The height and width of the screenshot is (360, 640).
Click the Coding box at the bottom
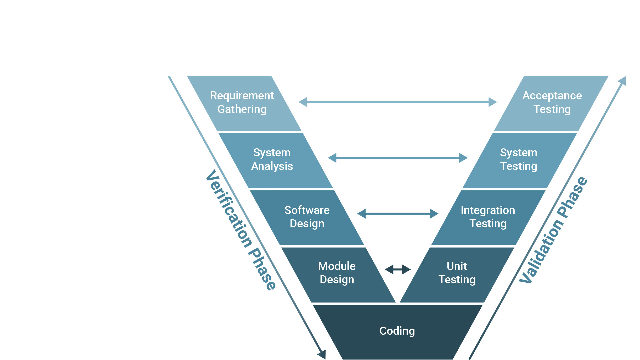[397, 331]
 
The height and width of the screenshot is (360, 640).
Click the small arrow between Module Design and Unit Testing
[398, 269]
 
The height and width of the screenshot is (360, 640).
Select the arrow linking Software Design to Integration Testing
[398, 214]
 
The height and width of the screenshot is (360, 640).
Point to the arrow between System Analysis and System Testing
[398, 158]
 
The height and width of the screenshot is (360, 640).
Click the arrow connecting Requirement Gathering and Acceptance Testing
[398, 102]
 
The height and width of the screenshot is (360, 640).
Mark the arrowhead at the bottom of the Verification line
[322, 355]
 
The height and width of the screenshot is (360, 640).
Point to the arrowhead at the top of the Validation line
[623, 81]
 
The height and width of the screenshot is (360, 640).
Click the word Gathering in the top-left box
[242, 109]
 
